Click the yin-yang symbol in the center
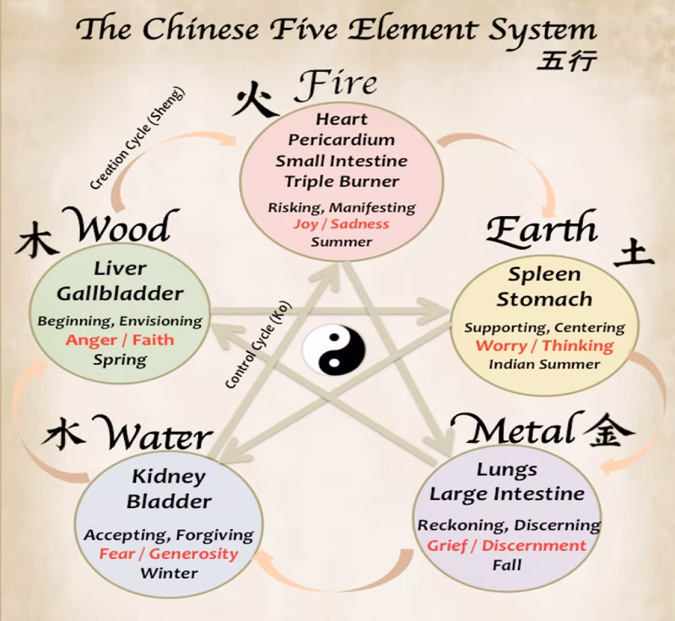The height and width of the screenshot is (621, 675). pyautogui.click(x=333, y=349)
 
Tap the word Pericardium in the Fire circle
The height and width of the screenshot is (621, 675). pyautogui.click(x=342, y=140)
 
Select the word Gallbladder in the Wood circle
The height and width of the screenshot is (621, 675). pyautogui.click(x=120, y=294)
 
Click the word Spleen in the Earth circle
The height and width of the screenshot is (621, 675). pyautogui.click(x=544, y=274)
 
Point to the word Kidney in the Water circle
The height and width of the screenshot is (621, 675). pyautogui.click(x=169, y=477)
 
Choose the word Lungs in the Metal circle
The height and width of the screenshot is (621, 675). pyautogui.click(x=507, y=470)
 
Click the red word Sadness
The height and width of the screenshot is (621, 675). pyautogui.click(x=360, y=224)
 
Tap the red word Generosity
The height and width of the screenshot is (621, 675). pyautogui.click(x=194, y=553)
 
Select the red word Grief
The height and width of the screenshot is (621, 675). pyautogui.click(x=447, y=546)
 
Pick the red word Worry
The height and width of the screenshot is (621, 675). pyautogui.click(x=501, y=346)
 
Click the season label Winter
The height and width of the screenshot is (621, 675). pyautogui.click(x=170, y=573)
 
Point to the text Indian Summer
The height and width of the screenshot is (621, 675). pyautogui.click(x=544, y=364)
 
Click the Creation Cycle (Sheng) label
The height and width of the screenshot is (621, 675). pyautogui.click(x=137, y=138)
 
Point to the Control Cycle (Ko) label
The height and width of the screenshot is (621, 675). pyautogui.click(x=258, y=344)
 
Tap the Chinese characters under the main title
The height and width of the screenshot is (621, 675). pyautogui.click(x=566, y=60)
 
